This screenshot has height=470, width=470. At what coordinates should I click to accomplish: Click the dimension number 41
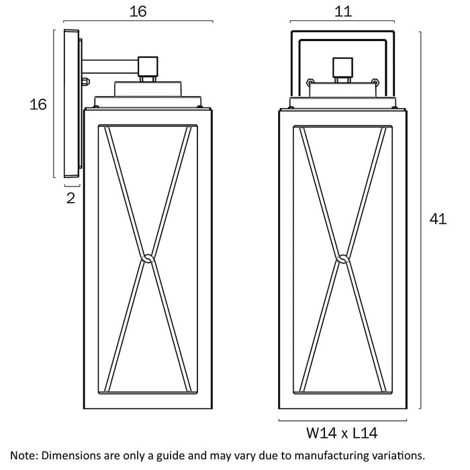pos(438,219)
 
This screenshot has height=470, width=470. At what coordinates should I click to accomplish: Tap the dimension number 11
pos(343,11)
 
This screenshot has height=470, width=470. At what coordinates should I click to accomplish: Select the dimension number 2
pos(70,198)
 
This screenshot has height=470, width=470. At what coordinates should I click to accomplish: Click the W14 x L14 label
pos(342,433)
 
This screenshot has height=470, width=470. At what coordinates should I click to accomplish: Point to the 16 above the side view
pos(138,11)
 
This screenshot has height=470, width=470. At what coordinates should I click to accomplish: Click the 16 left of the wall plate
pos(38,104)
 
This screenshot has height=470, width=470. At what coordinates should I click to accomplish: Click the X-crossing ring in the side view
pos(148,258)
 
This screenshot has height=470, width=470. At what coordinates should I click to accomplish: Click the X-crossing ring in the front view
pos(342,258)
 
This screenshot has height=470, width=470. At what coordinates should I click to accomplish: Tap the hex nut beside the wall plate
pos(86,81)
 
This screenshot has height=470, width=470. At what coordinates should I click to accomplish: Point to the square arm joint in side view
pos(148,66)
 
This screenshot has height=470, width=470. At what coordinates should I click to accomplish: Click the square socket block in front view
pos(342,67)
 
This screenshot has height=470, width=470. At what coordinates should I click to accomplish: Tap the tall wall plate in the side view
pos(71,103)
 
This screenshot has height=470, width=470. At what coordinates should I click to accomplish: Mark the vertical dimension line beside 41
pos(420,220)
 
